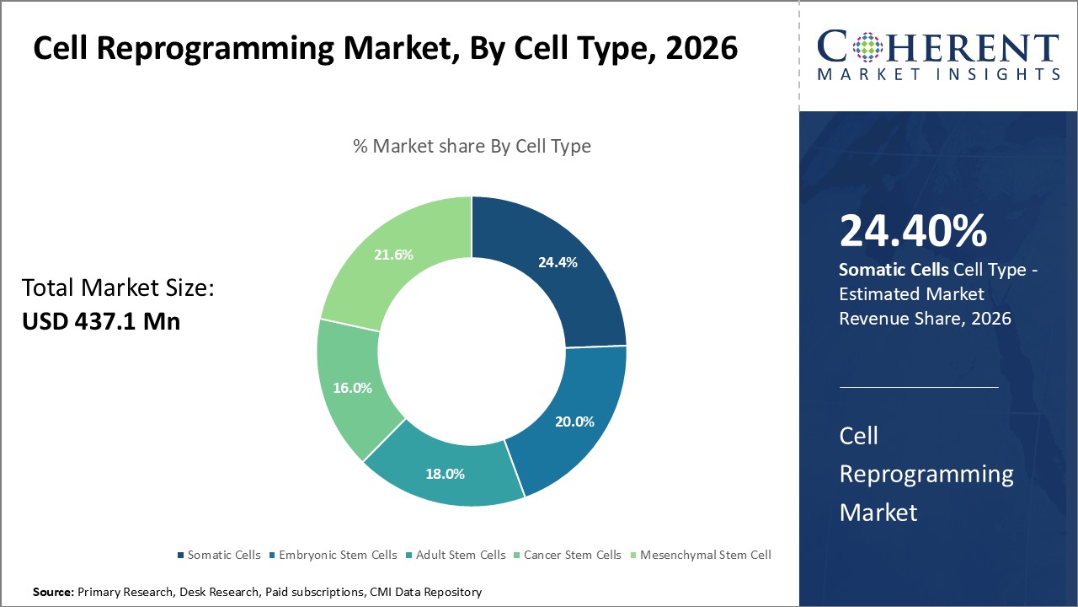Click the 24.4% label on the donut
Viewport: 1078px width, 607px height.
tap(558, 262)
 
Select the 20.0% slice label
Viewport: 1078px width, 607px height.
tap(574, 422)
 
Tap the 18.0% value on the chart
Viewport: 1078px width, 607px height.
tap(445, 474)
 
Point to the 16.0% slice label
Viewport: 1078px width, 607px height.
tap(352, 388)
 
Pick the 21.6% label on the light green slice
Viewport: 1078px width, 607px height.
tap(393, 255)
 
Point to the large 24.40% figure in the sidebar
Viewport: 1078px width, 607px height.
tap(913, 231)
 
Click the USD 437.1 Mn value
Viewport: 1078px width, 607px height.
tap(101, 321)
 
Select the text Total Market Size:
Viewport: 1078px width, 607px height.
tap(119, 288)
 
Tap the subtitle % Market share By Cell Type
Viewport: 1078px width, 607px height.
tap(472, 146)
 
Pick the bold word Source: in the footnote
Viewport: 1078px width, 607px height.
tap(54, 593)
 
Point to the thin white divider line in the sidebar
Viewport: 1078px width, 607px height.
tap(919, 388)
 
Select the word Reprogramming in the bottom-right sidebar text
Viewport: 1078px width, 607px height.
tap(926, 474)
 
